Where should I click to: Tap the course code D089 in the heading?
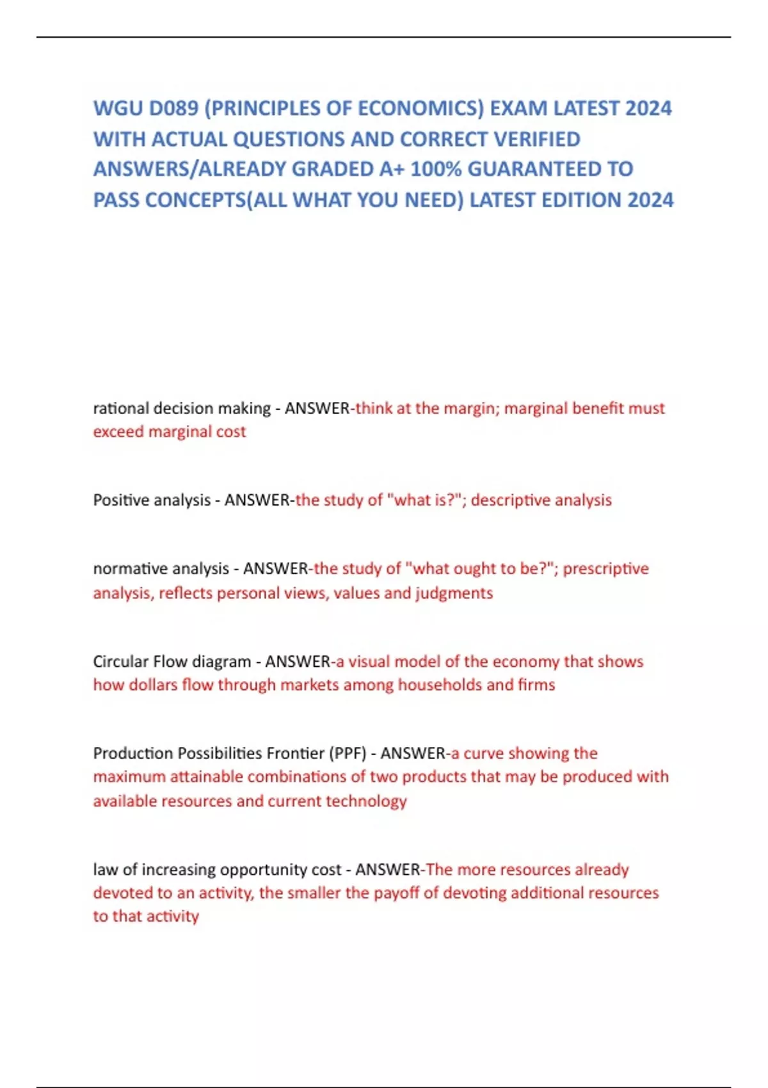[x=173, y=108]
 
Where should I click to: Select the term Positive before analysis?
[x=120, y=500]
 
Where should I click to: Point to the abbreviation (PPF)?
[x=348, y=753]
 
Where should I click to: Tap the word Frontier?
[x=295, y=753]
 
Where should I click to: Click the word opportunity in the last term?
[x=260, y=870]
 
